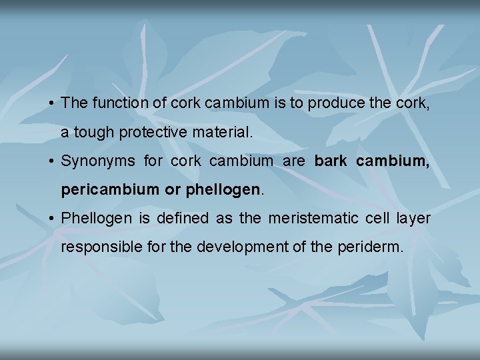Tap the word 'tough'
(93, 133)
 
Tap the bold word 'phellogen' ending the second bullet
(223, 190)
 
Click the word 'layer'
(413, 219)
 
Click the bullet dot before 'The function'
(51, 104)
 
